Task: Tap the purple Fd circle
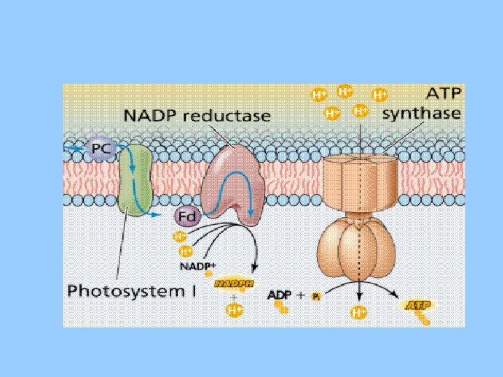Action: [186, 217]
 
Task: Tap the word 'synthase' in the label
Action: [423, 113]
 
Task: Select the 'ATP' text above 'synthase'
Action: [443, 94]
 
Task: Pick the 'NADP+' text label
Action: [197, 266]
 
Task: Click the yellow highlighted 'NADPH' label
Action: [234, 283]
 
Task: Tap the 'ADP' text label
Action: [281, 295]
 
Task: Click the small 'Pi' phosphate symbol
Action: [316, 296]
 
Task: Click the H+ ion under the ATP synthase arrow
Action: [359, 311]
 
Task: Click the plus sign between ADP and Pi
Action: [301, 295]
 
